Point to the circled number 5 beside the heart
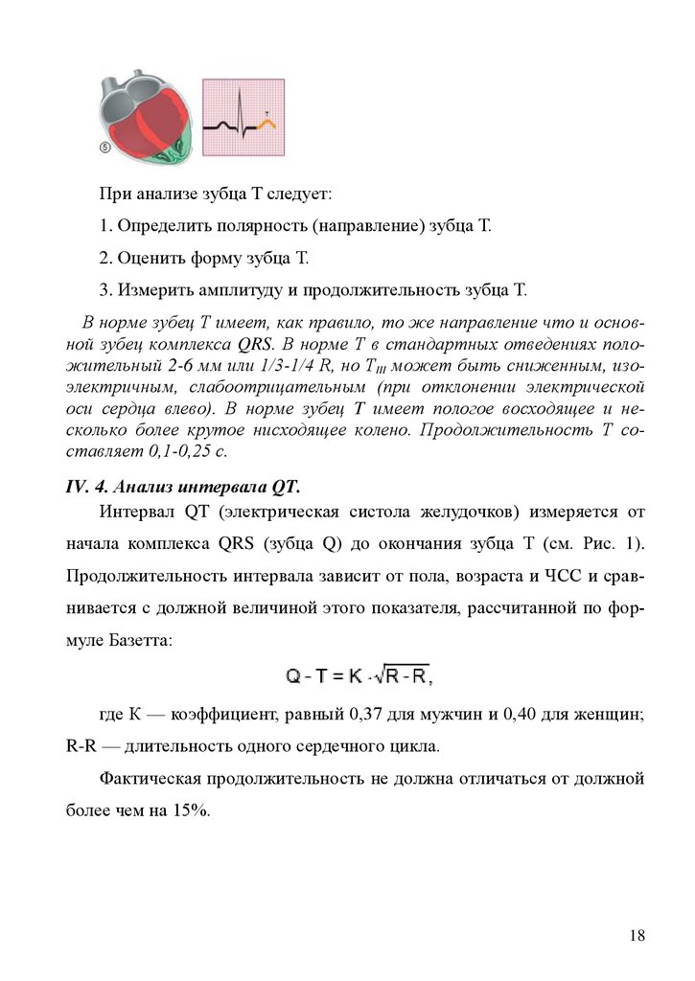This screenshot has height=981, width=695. [x=104, y=148]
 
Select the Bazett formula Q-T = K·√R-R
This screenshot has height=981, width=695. [x=359, y=676]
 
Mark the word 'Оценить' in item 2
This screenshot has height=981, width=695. [x=147, y=258]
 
